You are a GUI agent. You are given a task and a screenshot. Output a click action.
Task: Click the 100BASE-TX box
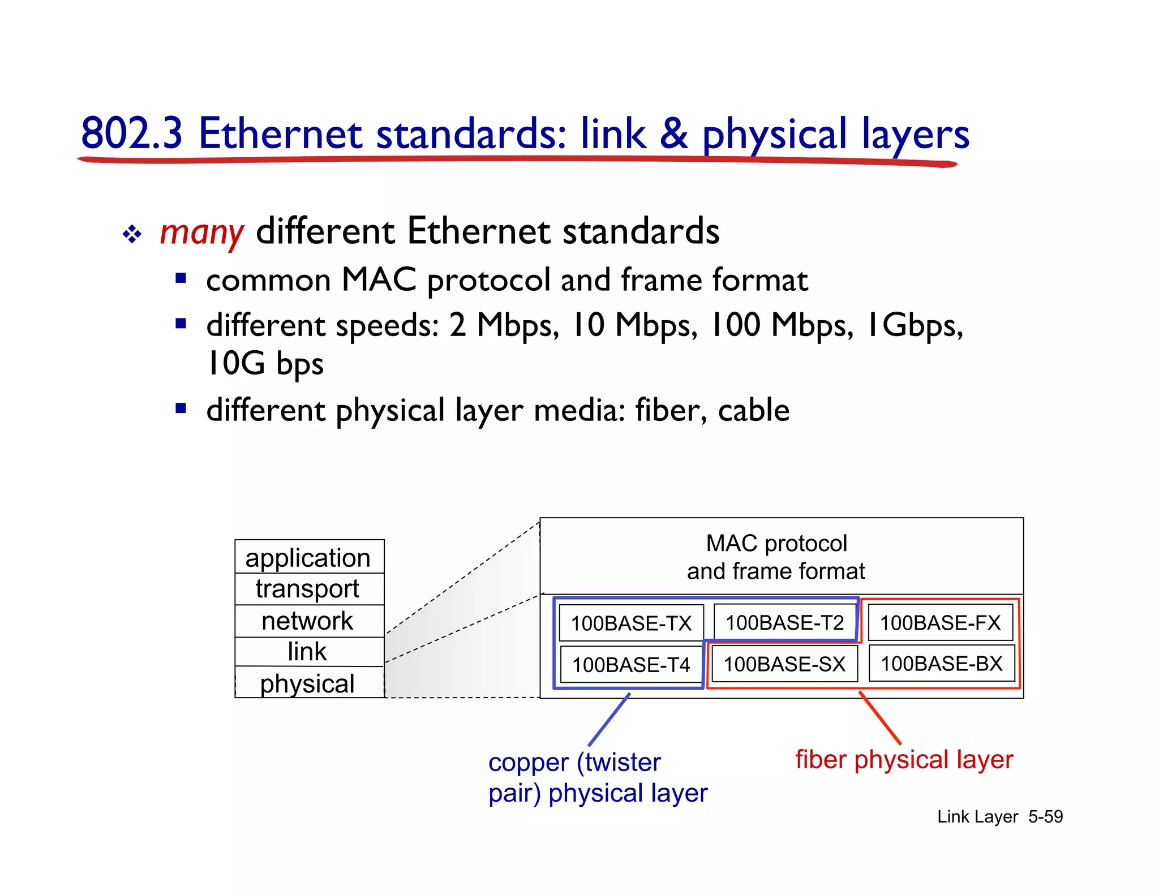[x=631, y=623]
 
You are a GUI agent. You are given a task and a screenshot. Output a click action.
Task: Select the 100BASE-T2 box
[x=784, y=622]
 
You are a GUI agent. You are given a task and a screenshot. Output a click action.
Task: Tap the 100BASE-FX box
[x=940, y=622]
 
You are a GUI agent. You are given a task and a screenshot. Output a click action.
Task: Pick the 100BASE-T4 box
[x=631, y=664]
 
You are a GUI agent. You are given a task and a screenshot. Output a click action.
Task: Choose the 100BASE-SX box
[x=784, y=664]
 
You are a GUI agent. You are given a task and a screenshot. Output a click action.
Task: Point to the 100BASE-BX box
[x=941, y=663]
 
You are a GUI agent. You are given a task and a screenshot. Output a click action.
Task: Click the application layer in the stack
[x=308, y=558]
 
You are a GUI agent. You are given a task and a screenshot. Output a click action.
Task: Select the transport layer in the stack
[x=308, y=589]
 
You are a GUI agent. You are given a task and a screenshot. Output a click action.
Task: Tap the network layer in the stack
[x=308, y=621]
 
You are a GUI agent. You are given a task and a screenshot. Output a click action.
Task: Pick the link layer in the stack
[x=308, y=652]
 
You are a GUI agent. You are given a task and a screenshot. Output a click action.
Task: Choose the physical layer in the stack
[x=308, y=683]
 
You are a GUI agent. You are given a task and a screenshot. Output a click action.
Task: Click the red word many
[x=201, y=232]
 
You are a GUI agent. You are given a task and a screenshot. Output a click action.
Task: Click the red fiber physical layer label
[x=904, y=760]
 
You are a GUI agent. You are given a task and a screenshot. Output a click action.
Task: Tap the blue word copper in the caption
[x=527, y=763]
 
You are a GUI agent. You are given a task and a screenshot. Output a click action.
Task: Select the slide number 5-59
[x=1045, y=816]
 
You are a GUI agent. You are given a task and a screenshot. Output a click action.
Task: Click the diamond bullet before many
[x=132, y=234]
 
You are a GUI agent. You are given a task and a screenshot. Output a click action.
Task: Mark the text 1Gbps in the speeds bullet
[x=914, y=325]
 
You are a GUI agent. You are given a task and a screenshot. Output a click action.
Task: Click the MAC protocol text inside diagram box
[x=776, y=544]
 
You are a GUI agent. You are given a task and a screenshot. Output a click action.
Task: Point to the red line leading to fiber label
[x=880, y=717]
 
